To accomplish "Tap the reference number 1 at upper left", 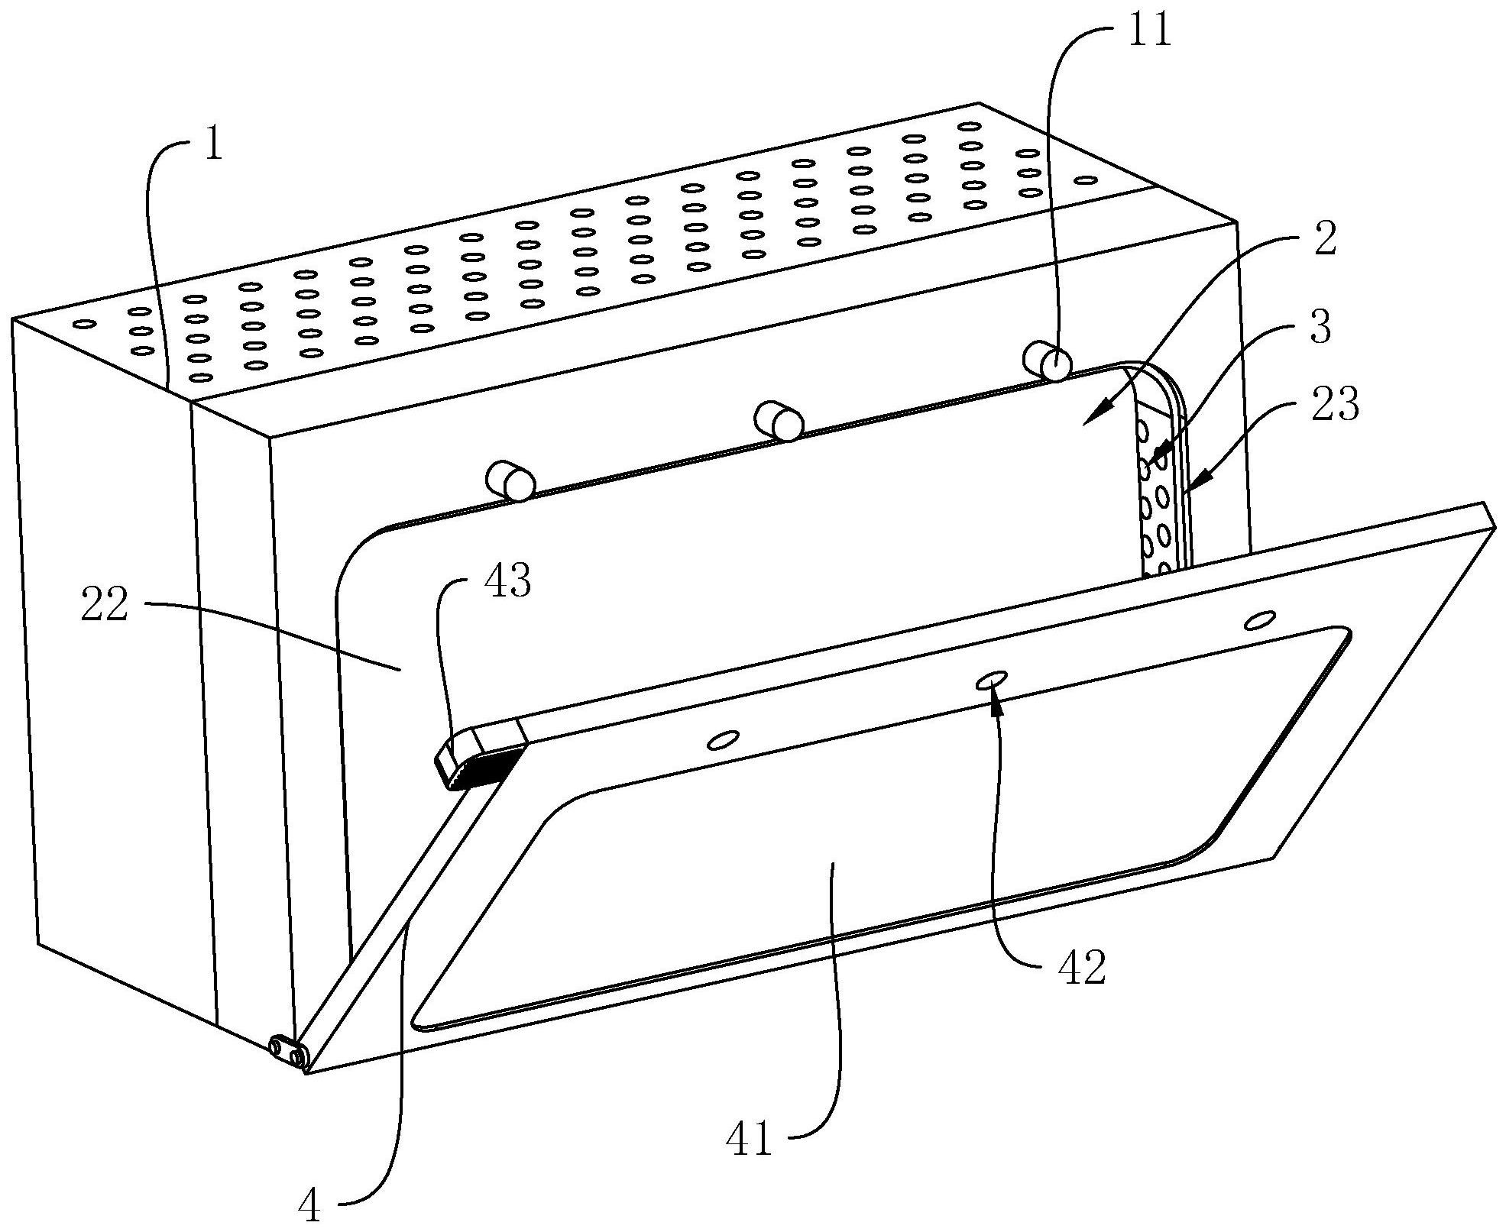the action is coord(214,143).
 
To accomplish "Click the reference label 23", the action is coord(1334,404).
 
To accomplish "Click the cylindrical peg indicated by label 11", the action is coord(1047,361).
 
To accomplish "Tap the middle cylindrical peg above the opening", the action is coord(779,421).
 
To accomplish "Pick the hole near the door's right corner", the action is coord(1259,619).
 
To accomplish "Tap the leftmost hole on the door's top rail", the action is coord(724,739).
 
